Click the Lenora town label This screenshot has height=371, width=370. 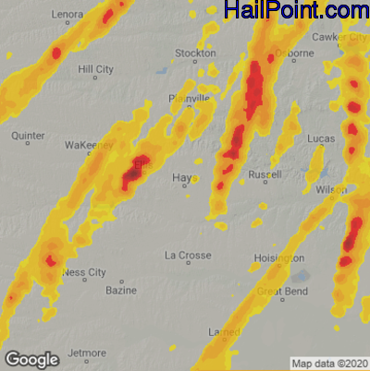68,15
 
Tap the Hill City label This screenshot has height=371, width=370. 96,69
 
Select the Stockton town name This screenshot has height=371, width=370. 195,54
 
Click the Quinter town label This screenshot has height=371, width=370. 28,135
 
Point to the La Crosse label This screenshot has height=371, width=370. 188,255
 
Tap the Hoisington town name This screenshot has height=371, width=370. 278,258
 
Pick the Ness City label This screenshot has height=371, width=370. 84,272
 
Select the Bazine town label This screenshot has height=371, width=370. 121,291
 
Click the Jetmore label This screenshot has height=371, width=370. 88,353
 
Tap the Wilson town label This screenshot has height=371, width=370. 330,189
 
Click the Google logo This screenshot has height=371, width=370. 32,359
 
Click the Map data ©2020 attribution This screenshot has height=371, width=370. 330,363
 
